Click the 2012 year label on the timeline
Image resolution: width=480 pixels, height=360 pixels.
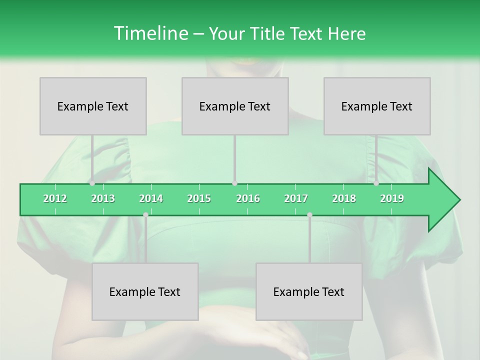(x=55, y=198)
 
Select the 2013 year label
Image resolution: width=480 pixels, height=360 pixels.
(x=103, y=198)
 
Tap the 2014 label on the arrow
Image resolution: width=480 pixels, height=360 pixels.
(x=151, y=198)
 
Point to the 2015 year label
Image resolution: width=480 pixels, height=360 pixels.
(x=199, y=198)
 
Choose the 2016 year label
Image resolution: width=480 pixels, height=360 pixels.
(x=248, y=198)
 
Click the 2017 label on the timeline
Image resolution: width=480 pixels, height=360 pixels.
(x=296, y=198)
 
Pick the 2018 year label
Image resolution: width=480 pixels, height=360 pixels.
(x=344, y=198)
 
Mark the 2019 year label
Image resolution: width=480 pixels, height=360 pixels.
(x=392, y=198)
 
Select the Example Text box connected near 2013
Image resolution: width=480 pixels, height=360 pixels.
(x=93, y=106)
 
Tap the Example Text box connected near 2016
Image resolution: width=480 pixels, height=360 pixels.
(x=235, y=106)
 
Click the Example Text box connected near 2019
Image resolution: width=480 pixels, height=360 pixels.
(x=377, y=106)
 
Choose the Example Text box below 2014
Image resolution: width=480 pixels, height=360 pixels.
(x=145, y=292)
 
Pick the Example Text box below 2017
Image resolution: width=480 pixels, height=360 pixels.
(x=309, y=292)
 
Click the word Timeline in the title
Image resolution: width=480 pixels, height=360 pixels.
(x=150, y=33)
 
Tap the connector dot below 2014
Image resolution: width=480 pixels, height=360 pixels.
(x=145, y=215)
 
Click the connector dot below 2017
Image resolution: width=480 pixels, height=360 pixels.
(x=309, y=215)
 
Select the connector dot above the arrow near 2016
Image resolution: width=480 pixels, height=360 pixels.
(x=234, y=183)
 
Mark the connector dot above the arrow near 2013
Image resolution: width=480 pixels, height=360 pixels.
(x=92, y=183)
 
